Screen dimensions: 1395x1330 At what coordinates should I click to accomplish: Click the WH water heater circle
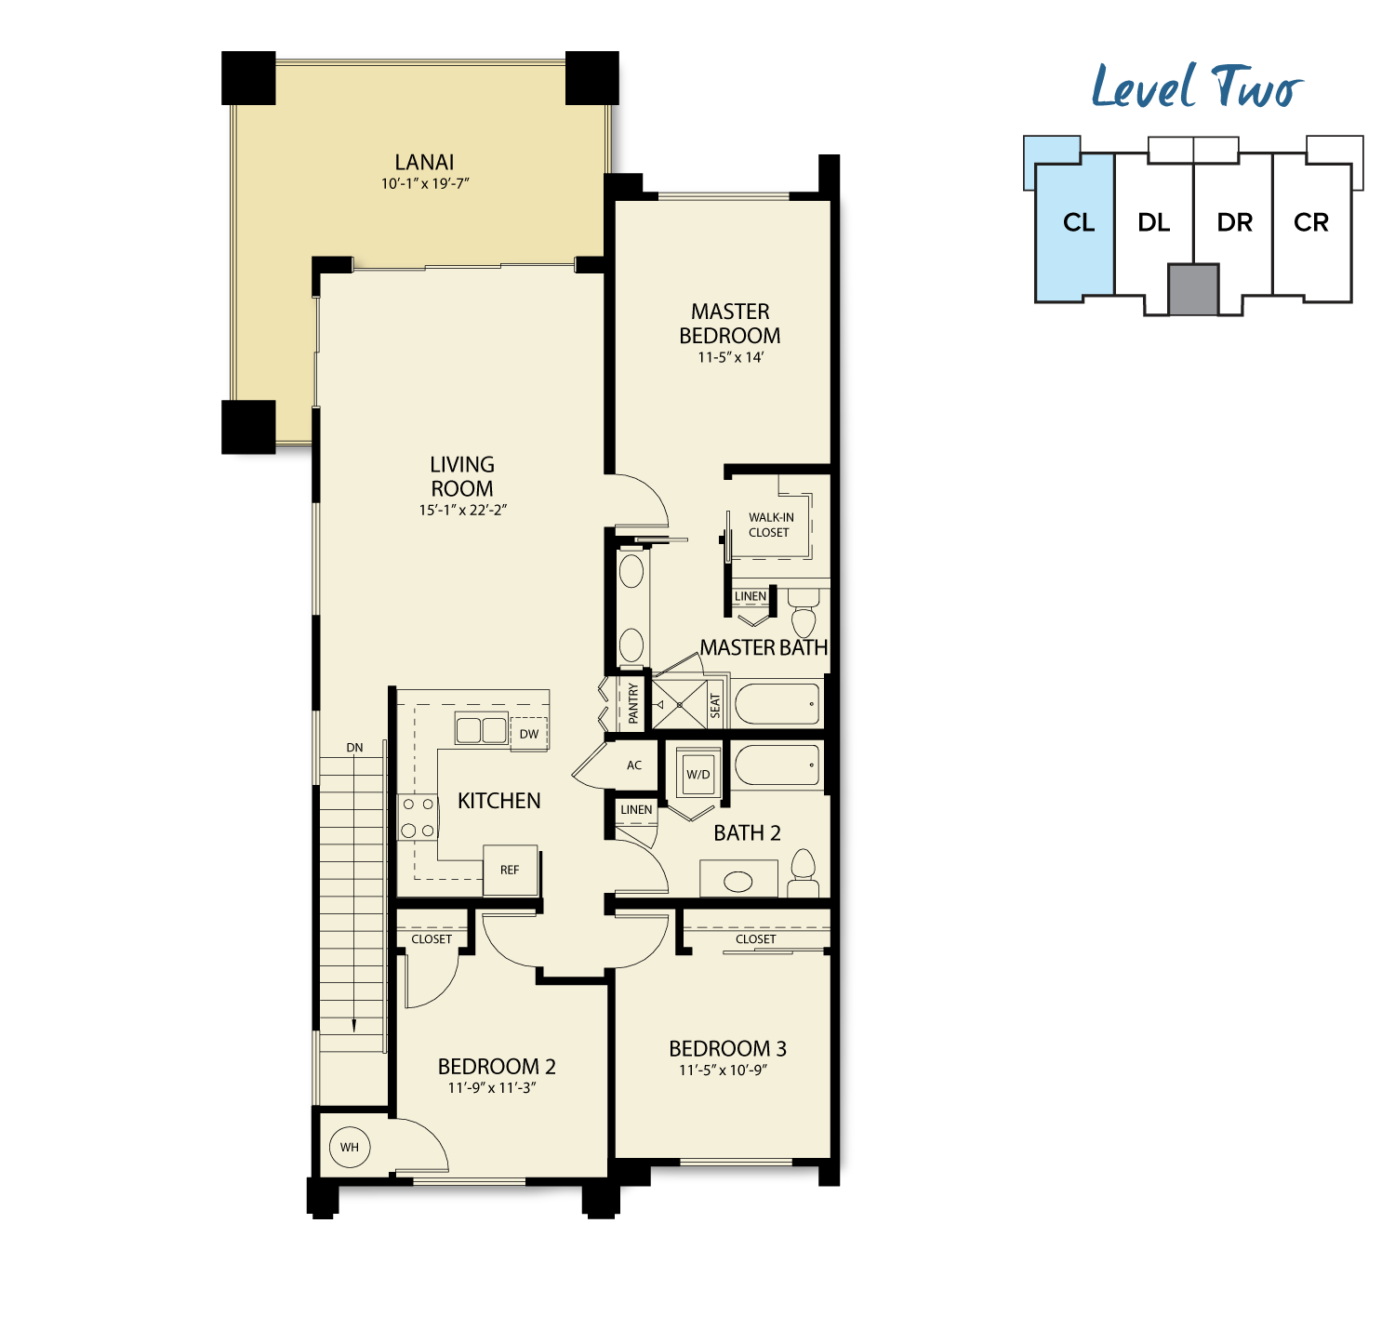coord(349,1147)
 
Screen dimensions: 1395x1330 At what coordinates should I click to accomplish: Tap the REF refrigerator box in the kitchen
coord(510,871)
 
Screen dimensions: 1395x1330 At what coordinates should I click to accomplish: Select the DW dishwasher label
coord(529,734)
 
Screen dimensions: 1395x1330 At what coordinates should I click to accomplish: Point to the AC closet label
coord(634,765)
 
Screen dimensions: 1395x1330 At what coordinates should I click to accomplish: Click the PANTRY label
coord(633,703)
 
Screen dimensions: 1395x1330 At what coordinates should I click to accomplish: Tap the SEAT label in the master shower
coord(715,705)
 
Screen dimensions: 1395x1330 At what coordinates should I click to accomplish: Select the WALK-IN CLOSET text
coord(771,525)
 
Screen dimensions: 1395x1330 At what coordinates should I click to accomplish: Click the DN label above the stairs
coord(354,748)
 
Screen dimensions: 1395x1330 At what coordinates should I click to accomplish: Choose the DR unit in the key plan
coord(1235,223)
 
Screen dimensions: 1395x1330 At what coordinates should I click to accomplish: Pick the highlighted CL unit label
coord(1079,223)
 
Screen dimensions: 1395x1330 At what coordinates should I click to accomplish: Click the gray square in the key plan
coord(1193,289)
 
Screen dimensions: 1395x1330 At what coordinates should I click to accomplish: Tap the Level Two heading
coord(1197,86)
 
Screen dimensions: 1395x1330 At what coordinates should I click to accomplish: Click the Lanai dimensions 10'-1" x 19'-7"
coord(425,184)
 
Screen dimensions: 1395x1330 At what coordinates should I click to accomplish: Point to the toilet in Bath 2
coord(804,873)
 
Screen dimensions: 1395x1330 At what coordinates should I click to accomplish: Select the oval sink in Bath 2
coord(737,882)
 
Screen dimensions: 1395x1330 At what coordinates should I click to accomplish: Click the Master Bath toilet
coord(804,612)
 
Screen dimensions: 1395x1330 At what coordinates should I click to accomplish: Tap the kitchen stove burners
coord(418,818)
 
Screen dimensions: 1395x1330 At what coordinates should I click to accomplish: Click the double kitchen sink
coord(481,729)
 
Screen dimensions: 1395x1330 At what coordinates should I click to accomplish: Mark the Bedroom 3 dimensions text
coord(723,1071)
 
